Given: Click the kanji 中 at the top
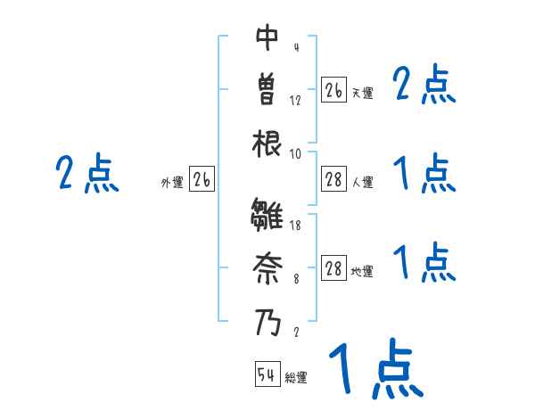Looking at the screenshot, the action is tap(268, 37).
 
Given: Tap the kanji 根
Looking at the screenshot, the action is tap(268, 144).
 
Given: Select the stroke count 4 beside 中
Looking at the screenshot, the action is tap(296, 47).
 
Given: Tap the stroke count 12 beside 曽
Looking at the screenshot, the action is tap(295, 101).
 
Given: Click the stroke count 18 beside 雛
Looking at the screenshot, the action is tap(295, 226).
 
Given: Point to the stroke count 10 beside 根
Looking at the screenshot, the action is tap(295, 154).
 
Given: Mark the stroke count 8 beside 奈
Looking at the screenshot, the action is tap(296, 279).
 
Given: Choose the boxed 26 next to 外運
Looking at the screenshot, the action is tap(202, 180).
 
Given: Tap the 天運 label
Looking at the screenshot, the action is tap(362, 93).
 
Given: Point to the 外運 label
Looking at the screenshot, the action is tap(172, 183).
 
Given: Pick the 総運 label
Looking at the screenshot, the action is tap(296, 378).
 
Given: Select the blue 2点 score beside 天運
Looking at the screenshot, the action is tap(424, 86).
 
